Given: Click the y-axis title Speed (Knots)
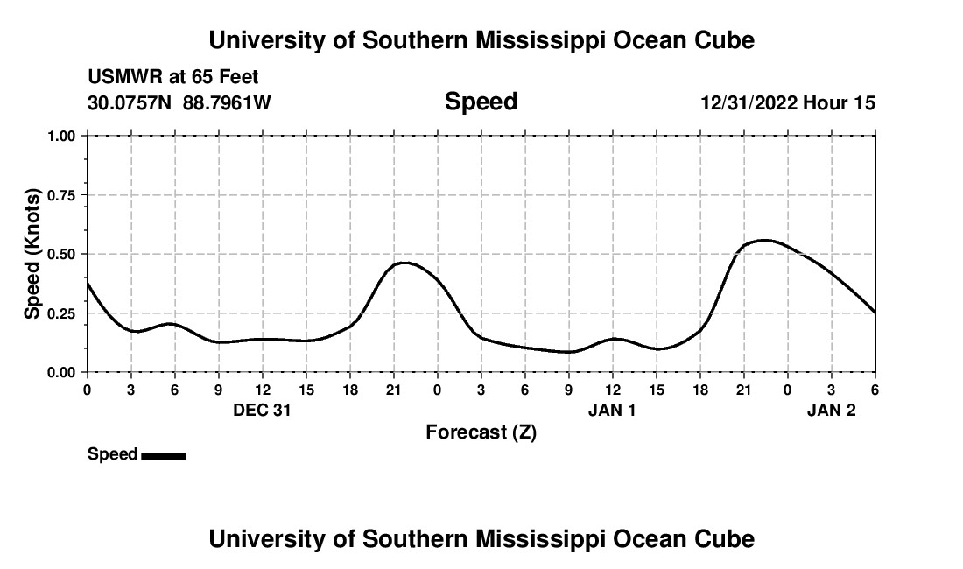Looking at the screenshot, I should coord(32,254).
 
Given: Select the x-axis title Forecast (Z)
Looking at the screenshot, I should coord(481,432).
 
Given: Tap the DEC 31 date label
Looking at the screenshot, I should coord(262,410).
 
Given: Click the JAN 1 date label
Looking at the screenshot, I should coord(612,410).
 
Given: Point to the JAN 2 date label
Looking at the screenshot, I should coord(831,410).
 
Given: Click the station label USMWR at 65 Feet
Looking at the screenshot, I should coord(173,78).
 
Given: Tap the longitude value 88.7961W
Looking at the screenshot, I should coord(227,102).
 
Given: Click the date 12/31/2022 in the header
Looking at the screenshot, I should coord(749,102).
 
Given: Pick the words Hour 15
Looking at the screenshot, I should coord(840,102).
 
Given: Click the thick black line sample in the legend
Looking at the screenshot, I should coord(163,455).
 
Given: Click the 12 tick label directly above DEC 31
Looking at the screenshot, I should coord(262,390).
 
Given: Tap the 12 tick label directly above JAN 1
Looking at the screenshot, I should coord(612,390).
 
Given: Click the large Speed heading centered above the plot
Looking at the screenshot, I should coord(481,102).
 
